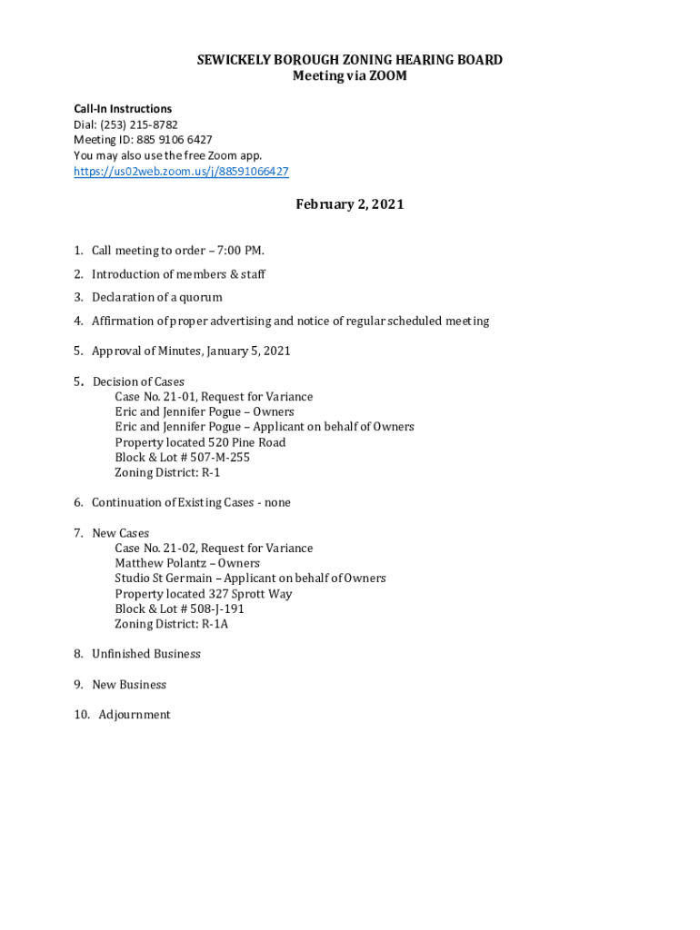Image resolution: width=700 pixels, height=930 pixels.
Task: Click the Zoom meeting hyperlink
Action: [181, 171]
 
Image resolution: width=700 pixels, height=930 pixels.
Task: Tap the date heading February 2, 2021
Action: [349, 204]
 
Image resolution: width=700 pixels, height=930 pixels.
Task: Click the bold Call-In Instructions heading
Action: [123, 109]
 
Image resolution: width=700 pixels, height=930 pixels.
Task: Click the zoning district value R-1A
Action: [215, 624]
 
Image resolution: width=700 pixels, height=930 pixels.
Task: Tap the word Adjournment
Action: [135, 715]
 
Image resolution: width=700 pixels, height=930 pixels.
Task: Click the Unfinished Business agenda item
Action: [145, 654]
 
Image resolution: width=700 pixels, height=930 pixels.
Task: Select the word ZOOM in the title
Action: [387, 76]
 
